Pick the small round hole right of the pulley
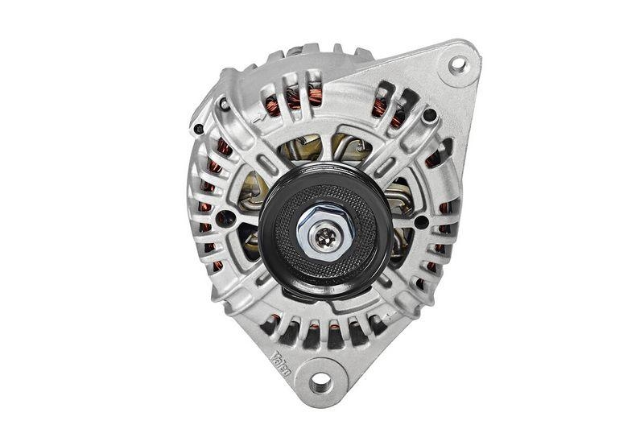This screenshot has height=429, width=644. click(x=420, y=222)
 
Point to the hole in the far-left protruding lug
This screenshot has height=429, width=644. click(x=199, y=128)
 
